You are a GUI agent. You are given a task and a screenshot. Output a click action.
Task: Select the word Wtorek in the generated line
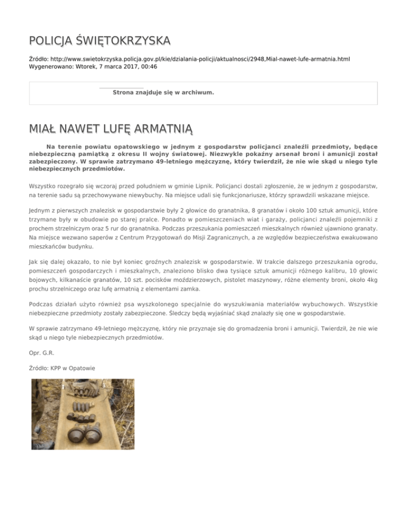(87, 67)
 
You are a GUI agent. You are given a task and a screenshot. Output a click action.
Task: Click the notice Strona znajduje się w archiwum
(163, 92)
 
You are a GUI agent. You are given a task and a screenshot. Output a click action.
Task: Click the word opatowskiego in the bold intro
(132, 146)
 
